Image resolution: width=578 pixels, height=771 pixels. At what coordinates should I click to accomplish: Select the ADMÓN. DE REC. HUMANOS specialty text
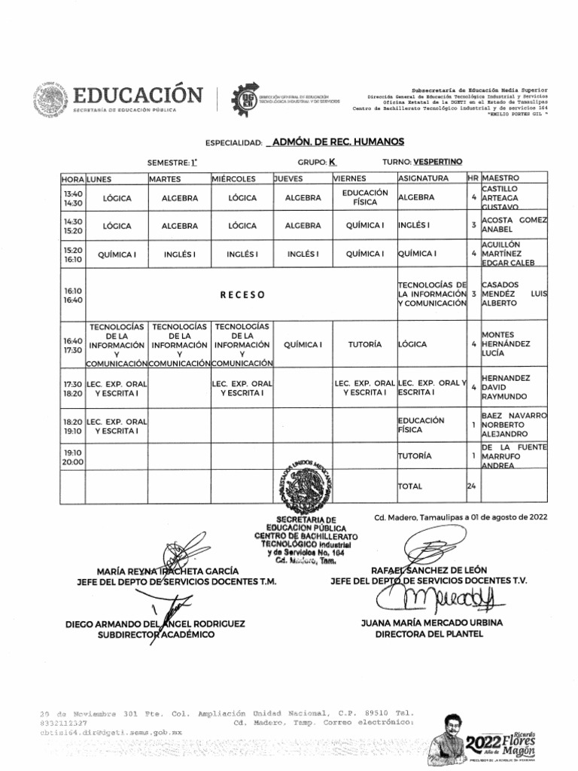pyautogui.click(x=338, y=142)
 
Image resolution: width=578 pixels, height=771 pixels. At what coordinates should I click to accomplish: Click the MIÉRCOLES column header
pyautogui.click(x=233, y=178)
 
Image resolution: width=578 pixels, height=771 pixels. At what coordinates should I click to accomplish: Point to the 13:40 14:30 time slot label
pyautogui.click(x=73, y=198)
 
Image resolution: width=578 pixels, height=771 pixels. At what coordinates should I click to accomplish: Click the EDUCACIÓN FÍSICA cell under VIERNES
pyautogui.click(x=364, y=198)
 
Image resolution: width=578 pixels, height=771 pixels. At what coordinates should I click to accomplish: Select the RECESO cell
pyautogui.click(x=242, y=294)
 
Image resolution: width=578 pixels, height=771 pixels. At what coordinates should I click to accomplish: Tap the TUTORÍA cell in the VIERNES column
pyautogui.click(x=364, y=344)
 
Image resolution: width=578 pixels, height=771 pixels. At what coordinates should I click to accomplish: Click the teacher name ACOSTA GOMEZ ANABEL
pyautogui.click(x=513, y=224)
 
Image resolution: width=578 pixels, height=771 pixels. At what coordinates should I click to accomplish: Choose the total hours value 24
pyautogui.click(x=472, y=486)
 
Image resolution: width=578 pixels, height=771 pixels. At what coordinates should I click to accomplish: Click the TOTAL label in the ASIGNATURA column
pyautogui.click(x=410, y=486)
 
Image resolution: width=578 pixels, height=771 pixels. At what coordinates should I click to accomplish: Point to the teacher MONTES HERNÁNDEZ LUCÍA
pyautogui.click(x=506, y=343)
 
